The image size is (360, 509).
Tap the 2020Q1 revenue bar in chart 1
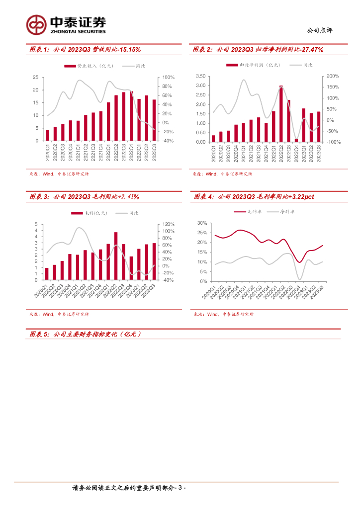click(48, 135)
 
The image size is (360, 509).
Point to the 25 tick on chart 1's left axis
click(35, 78)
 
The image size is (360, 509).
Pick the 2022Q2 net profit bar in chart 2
click(281, 114)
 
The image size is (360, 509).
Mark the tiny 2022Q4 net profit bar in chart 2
click(296, 140)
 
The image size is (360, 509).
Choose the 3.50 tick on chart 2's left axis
click(200, 76)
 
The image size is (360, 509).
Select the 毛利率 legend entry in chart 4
click(254, 212)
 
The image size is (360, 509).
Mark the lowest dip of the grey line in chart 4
click(299, 279)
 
